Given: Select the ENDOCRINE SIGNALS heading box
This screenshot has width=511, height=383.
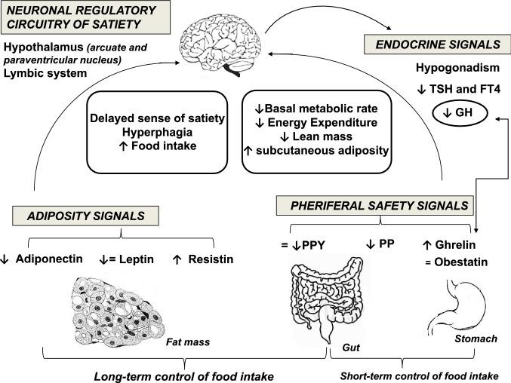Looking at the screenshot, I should [x=428, y=44].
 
